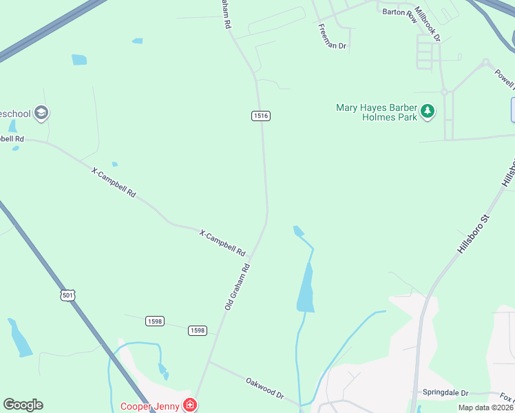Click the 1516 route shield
point(260,116)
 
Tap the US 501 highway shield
point(67,295)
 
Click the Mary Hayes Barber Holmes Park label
point(377,112)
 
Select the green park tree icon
point(428,111)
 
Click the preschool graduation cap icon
point(41,113)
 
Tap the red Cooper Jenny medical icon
point(189,405)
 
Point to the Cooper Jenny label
point(150,406)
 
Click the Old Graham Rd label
point(236,285)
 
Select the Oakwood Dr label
point(265,387)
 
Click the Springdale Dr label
point(445,392)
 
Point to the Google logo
point(23,404)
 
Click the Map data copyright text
point(486,407)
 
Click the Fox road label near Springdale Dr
point(506,397)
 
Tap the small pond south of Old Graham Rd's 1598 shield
point(163,370)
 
